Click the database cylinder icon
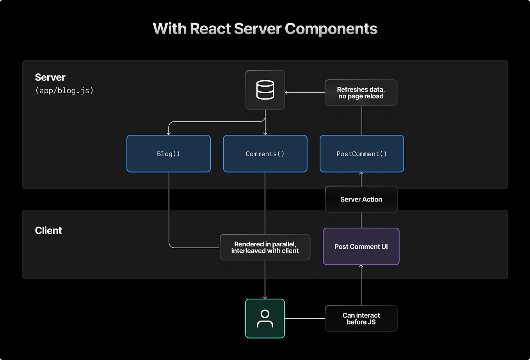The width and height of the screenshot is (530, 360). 265,90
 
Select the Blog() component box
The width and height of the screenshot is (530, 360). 169,153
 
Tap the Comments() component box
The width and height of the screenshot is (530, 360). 265,153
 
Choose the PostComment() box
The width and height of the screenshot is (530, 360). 362,153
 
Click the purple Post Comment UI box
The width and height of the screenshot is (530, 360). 361,246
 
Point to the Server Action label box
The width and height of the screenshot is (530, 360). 361,199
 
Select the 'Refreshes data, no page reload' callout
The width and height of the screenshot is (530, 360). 361,93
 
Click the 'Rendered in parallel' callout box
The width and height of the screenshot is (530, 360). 265,247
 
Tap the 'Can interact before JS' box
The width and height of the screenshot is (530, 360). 361,319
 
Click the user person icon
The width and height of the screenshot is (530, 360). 265,319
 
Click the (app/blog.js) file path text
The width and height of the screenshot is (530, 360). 64,91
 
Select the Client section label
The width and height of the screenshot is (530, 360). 48,230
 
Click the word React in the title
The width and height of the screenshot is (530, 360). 210,29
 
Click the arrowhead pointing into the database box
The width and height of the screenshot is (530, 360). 286,93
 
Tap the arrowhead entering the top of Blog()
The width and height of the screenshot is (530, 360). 169,134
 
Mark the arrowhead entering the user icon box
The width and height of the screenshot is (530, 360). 265,298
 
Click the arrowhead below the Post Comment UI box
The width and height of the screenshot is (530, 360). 361,266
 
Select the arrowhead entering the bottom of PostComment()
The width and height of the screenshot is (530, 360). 361,173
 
